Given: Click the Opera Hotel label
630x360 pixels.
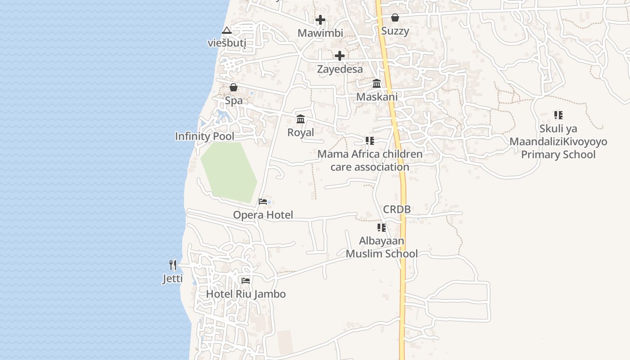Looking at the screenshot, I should point(263,215).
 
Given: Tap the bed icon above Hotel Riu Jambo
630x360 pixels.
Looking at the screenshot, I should point(245,280).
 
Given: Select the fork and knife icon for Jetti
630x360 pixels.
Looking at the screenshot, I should point(173,265).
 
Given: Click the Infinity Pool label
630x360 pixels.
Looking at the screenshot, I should point(205,136).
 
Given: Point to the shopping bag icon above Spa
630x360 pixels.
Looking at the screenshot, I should point(234,87).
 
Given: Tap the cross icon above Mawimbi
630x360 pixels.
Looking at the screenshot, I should point(320,20).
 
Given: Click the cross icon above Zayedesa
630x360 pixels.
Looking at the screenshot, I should point(340,56).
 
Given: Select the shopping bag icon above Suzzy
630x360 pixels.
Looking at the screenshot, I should point(395,18).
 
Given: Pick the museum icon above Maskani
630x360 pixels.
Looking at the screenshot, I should point(377,84).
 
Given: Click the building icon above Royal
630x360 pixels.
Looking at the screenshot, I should point(301,119).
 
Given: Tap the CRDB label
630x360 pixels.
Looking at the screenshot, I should point(397,209).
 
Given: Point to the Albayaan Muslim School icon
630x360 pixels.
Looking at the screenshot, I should point(382,228).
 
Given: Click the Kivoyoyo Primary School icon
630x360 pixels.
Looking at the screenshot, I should point(558,115).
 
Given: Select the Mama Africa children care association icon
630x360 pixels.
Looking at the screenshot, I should point(370,141).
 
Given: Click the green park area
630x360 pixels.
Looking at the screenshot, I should point(229,171).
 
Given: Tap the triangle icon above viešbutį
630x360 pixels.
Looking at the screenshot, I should point(227,30).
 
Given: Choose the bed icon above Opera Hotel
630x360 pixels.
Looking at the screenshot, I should point(263,202).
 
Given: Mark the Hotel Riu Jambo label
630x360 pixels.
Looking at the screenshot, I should point(246,294).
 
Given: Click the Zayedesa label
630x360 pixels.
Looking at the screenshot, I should point(340,69).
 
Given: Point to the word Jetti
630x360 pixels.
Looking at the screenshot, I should point(173,279).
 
